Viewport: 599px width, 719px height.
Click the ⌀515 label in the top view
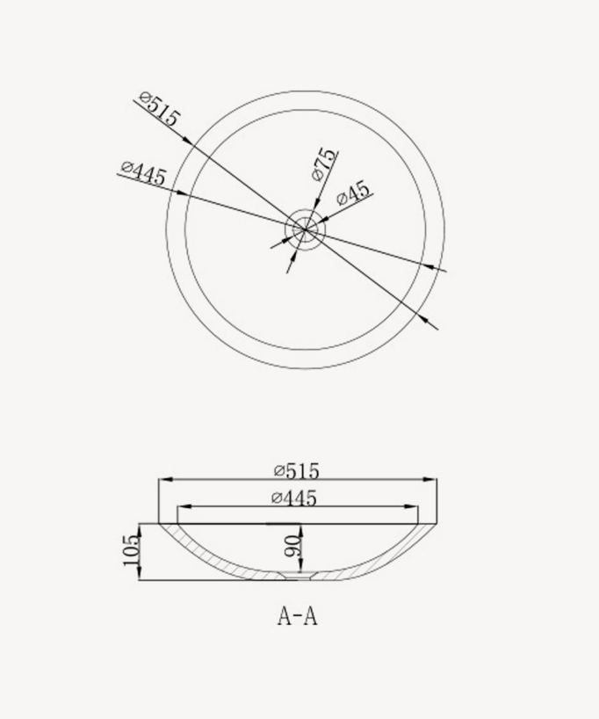point(159,110)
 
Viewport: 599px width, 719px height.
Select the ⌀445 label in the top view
point(142,173)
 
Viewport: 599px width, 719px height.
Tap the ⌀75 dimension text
point(324,164)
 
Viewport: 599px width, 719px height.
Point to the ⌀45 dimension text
point(353,192)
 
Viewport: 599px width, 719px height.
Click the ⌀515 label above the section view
point(296,471)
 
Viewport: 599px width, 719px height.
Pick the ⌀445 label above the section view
point(293,497)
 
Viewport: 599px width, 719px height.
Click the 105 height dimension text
point(131,550)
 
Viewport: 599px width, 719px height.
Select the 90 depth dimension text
point(293,546)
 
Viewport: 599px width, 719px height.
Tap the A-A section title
point(298,616)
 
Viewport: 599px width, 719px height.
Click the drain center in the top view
point(305,229)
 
